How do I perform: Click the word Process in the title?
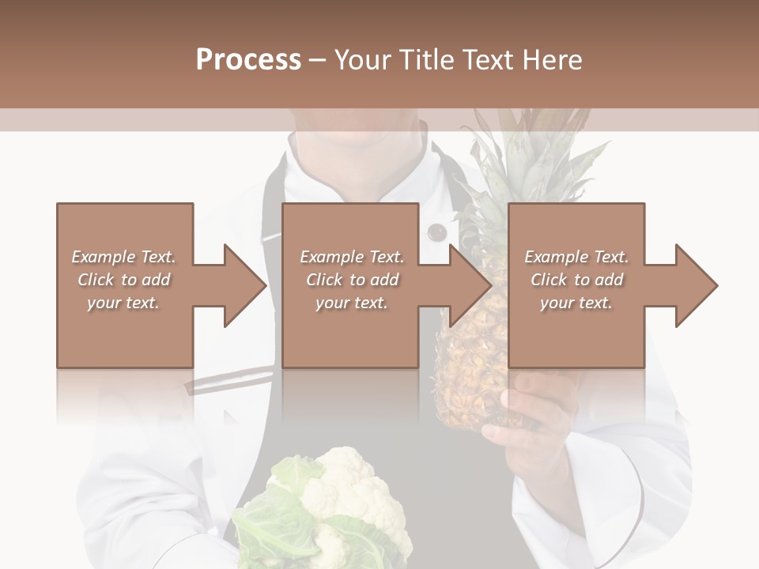coord(248,60)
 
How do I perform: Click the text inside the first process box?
coord(123,280)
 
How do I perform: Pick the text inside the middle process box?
coord(351,280)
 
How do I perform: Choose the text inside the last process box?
coord(576,280)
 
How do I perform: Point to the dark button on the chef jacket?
coord(436,232)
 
